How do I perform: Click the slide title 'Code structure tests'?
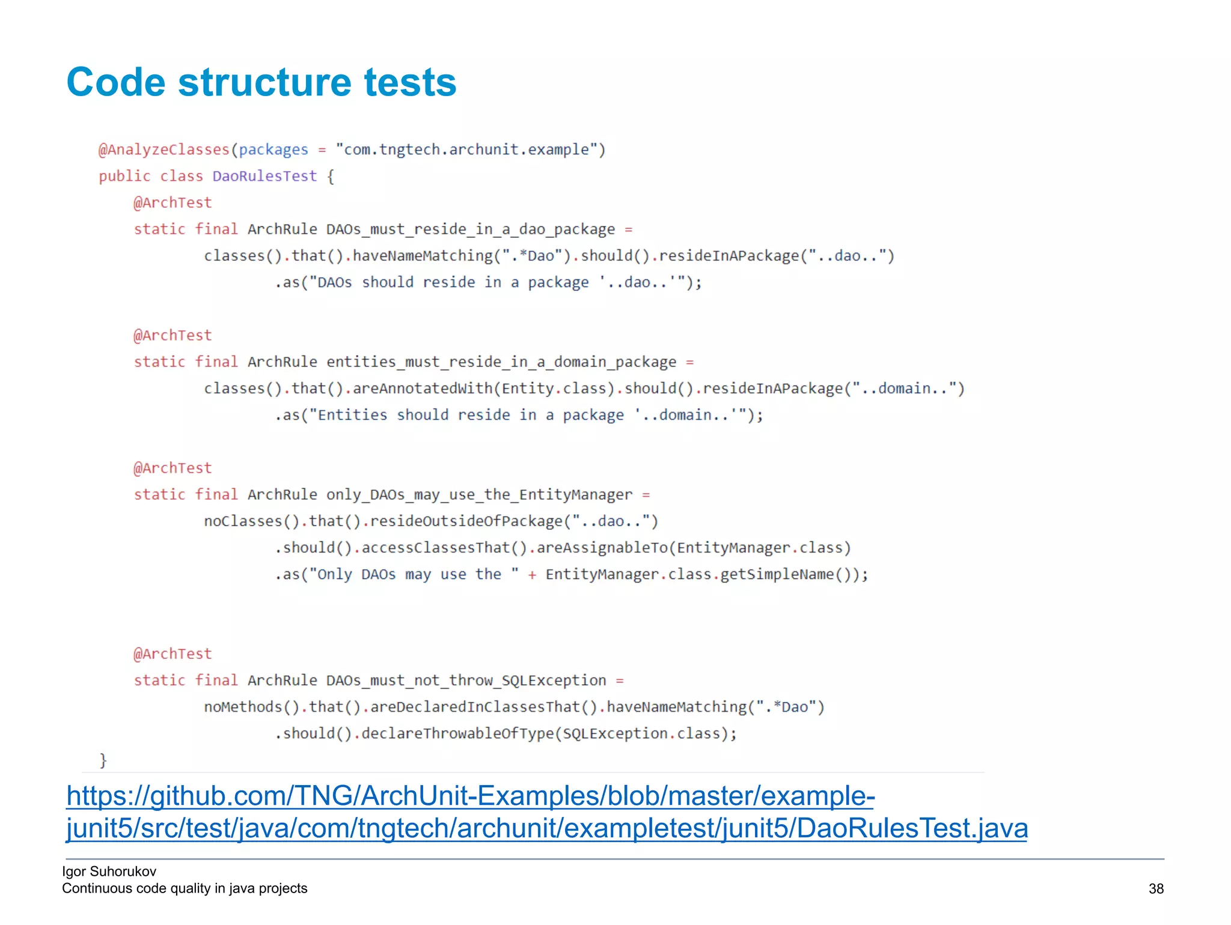(261, 82)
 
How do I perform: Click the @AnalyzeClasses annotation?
(164, 150)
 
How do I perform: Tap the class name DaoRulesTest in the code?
(264, 176)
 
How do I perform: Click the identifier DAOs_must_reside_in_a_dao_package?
(471, 229)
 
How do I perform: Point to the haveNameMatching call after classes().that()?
(423, 256)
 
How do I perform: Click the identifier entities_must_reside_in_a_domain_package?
(501, 362)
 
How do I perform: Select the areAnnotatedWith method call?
(424, 389)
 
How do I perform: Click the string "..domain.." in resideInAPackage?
(904, 389)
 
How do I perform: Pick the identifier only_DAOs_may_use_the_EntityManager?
(479, 495)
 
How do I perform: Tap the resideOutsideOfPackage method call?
(466, 521)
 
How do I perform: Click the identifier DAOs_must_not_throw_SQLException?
(466, 681)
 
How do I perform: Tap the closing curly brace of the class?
(103, 760)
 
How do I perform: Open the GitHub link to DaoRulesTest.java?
(546, 812)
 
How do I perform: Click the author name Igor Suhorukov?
(109, 872)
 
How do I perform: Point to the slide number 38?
(1156, 889)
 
